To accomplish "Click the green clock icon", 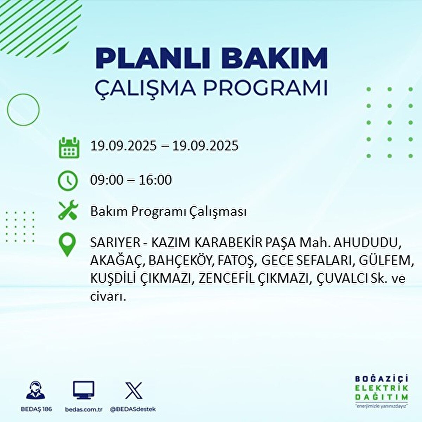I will coord(67,180).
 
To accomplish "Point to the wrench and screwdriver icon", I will coord(67,211).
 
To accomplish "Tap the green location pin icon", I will coord(67,245).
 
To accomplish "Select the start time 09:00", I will coord(107,180).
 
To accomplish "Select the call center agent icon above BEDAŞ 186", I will coord(36,391).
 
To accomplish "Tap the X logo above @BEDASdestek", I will coord(134,390).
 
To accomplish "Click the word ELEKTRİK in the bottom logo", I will coord(382,388).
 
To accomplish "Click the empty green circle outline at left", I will coord(23,110).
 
